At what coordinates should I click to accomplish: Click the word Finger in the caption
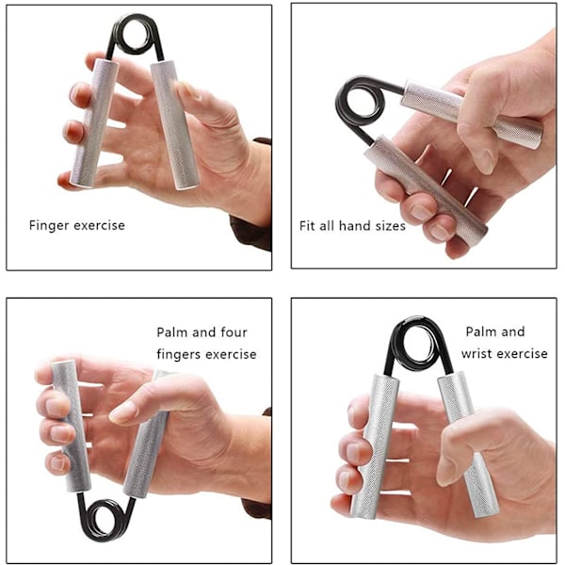point(49,226)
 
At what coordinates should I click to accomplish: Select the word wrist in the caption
point(478,354)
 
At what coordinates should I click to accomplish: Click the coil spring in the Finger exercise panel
point(136,36)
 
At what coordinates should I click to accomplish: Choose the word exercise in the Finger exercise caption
point(100,226)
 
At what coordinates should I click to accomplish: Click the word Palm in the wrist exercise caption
point(480,331)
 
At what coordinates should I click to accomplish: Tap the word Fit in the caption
point(307,226)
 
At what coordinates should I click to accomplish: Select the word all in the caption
point(327,226)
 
